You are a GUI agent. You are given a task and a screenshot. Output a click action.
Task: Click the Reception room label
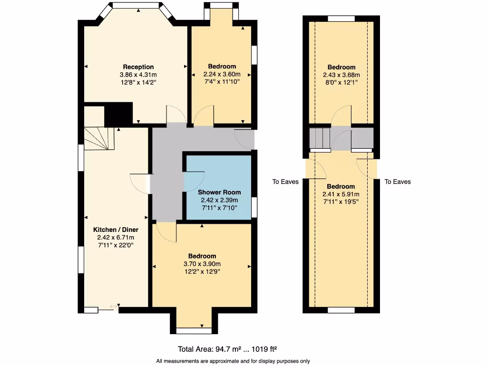pos(138,67)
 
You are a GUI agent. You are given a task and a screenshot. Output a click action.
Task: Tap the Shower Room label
pos(219,192)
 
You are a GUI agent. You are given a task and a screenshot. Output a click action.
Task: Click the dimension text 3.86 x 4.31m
pos(138,75)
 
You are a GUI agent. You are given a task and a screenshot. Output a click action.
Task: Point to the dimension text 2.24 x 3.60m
pos(222,74)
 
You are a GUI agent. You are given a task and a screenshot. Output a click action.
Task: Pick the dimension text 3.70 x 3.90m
pos(202,264)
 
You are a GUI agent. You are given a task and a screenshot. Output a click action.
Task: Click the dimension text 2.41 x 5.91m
pos(341,194)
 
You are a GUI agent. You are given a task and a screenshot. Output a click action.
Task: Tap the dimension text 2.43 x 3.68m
pos(341,75)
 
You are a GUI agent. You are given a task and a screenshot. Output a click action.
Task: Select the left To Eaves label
pos(285,182)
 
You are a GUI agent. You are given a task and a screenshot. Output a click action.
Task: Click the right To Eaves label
pos(398,182)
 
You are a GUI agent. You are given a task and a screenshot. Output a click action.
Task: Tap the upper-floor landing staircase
pos(320,138)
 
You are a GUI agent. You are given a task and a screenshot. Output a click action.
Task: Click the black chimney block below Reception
pos(118,114)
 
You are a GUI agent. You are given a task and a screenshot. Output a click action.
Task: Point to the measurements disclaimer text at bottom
pos(233,360)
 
